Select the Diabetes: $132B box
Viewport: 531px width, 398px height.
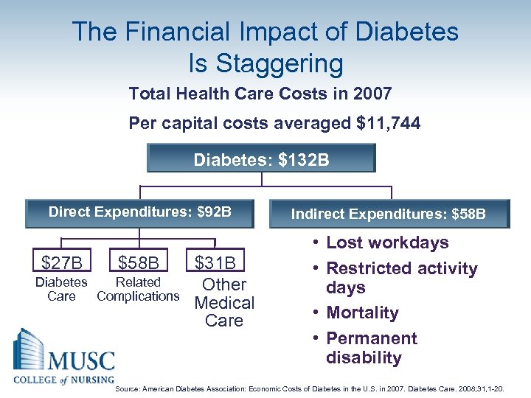[261, 158]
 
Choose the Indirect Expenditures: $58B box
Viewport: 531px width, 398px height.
[389, 214]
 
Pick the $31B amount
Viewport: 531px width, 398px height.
[215, 262]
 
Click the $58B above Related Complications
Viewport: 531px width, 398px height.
[138, 262]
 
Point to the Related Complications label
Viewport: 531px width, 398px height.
[138, 289]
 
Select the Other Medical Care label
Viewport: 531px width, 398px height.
[224, 302]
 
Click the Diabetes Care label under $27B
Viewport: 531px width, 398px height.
[62, 289]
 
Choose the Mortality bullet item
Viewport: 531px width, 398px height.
[362, 313]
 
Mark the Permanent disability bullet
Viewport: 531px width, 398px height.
[371, 348]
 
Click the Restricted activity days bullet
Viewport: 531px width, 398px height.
[400, 278]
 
